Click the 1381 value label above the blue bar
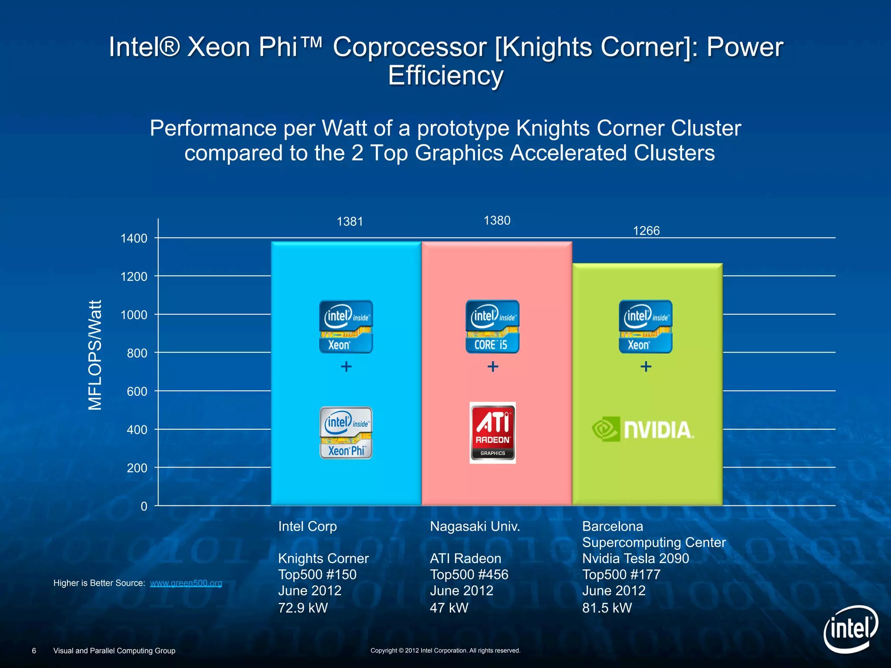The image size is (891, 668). point(350,222)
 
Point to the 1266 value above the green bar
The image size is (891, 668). point(646,231)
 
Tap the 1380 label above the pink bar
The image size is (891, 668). point(497,220)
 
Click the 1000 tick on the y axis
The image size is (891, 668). point(134,315)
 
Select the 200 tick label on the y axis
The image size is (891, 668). point(137,468)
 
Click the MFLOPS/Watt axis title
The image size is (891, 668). point(95,355)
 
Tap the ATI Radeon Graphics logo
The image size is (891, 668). point(492,433)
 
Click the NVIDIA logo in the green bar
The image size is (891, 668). point(643,430)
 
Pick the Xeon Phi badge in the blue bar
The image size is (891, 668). point(346,433)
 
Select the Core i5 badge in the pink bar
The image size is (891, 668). point(492,327)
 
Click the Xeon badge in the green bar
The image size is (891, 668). point(646,327)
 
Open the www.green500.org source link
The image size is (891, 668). point(186,583)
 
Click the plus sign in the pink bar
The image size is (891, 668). point(492,367)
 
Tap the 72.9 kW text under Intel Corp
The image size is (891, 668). point(303,608)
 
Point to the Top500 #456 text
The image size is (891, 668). point(469,574)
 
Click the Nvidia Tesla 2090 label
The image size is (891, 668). point(636,558)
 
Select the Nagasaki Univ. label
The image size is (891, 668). point(475,527)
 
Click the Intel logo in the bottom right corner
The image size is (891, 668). point(851,629)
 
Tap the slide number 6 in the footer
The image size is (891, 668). point(34,651)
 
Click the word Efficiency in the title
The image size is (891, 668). point(445,76)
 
